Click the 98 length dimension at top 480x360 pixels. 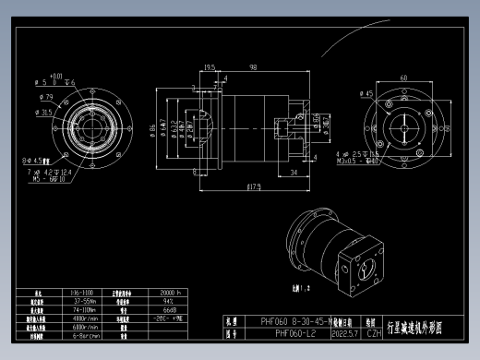251,66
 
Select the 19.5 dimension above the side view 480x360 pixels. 210,66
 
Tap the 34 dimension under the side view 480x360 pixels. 293,172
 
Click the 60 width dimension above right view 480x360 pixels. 403,78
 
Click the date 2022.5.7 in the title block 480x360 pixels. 344,334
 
